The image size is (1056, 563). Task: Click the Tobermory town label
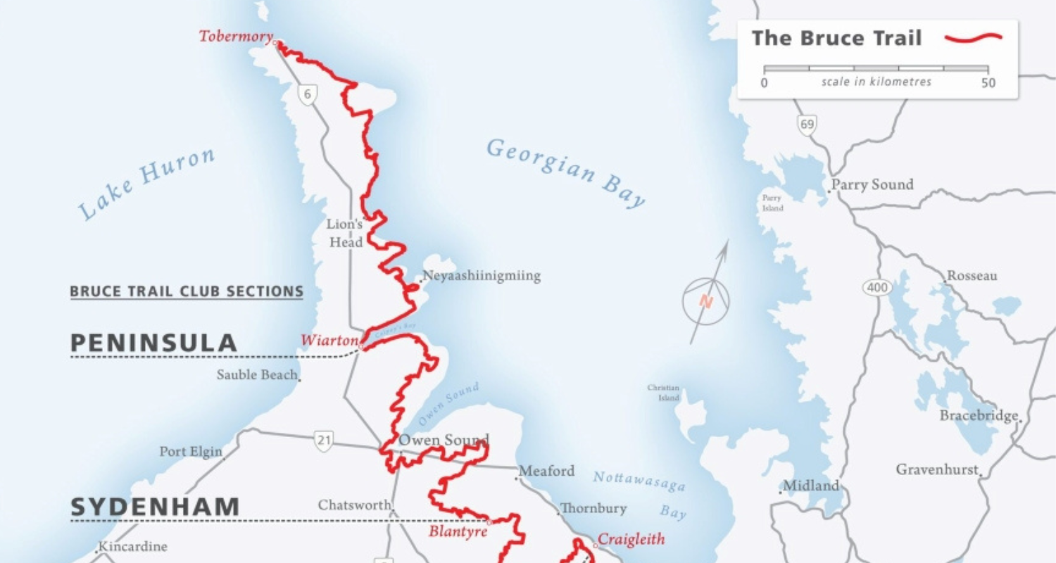coord(236,37)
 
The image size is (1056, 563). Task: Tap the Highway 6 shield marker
coord(306,95)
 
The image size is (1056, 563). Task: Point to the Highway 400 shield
coord(877,287)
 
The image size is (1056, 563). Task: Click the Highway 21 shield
coord(323,441)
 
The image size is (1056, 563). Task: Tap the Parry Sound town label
coord(872,185)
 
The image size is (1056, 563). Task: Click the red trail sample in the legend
coord(974,38)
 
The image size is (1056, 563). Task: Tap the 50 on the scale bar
coord(988,83)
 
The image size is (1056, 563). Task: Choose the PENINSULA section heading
coord(153,343)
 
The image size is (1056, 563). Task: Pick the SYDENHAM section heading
coord(155,507)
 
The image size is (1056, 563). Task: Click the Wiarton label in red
coord(330,341)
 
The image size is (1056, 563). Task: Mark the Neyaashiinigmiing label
coord(482,276)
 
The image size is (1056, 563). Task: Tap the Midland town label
coord(811,486)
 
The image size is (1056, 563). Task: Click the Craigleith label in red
coord(631,540)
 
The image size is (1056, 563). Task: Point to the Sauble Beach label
coord(257,374)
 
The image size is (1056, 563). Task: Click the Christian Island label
coord(664,393)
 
